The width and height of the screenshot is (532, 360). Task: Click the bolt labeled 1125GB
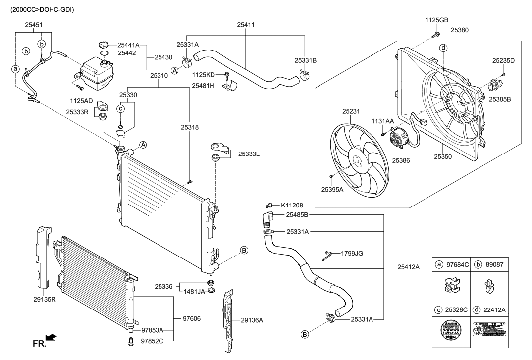[x=436, y=34]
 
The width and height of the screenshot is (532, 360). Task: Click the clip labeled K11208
[x=269, y=204]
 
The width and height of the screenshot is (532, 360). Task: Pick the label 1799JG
[x=352, y=253]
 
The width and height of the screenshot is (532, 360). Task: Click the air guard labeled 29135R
[x=44, y=257]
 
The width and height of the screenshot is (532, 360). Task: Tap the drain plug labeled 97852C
[x=131, y=341]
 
